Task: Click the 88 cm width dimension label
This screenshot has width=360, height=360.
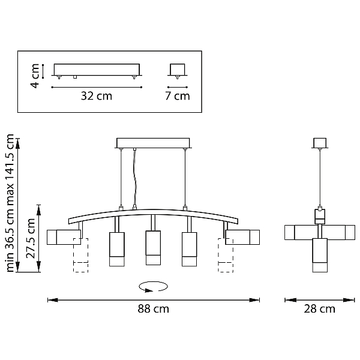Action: (x=153, y=309)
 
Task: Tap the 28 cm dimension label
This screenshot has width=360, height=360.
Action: (x=319, y=309)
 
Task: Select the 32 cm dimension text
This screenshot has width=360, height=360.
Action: (x=97, y=96)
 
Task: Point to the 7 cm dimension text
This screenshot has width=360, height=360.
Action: (x=178, y=96)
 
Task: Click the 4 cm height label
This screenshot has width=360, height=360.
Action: (x=35, y=76)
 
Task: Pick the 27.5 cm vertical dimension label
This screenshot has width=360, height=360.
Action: (x=31, y=238)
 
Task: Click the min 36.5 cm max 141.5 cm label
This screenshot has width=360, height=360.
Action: (x=10, y=203)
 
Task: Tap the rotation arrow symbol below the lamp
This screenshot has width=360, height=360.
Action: (x=154, y=287)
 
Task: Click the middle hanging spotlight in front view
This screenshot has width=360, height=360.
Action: (x=153, y=248)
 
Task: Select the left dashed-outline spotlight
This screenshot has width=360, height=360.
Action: (x=81, y=255)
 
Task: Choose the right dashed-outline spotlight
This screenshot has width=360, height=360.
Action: (x=226, y=255)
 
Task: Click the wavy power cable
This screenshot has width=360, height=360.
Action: (x=135, y=179)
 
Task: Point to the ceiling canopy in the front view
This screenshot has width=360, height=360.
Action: (x=153, y=143)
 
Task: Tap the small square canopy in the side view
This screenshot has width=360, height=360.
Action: (x=320, y=143)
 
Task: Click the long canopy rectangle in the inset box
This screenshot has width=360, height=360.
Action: (x=97, y=70)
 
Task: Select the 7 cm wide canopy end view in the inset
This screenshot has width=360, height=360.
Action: (x=177, y=70)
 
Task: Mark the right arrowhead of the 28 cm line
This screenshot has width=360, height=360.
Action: (x=349, y=300)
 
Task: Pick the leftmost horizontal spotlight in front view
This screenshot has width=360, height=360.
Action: (x=64, y=237)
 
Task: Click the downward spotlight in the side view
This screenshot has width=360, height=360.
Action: (x=320, y=255)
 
